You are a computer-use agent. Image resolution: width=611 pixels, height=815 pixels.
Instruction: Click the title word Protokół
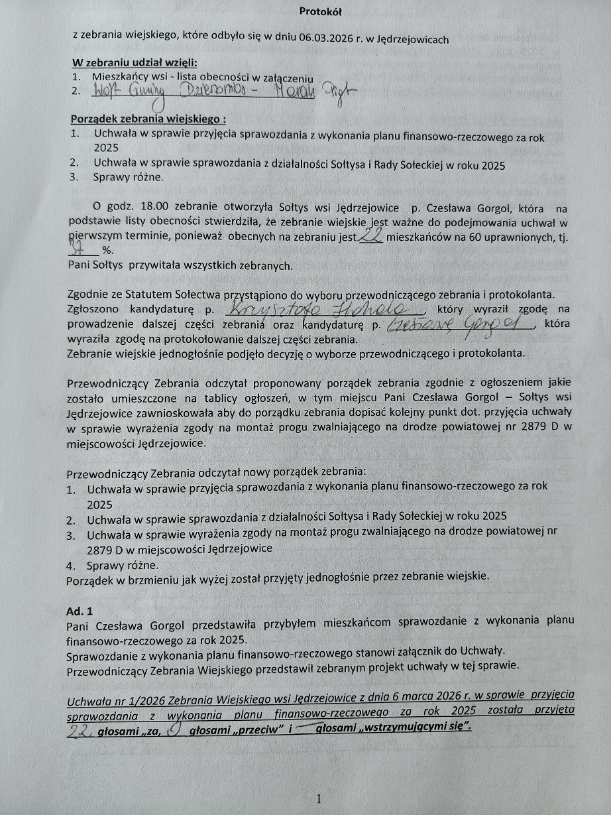321,11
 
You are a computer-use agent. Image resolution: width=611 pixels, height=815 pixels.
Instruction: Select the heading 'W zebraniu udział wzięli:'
135,63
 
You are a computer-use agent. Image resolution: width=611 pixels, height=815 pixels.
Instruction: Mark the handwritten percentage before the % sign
80,251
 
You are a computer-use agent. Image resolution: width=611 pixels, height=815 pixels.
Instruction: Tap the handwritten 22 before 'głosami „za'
81,731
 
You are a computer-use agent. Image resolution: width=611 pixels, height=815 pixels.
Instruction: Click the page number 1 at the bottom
319,799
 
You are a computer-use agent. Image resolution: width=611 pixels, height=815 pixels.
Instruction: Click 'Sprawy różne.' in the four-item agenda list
123,566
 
